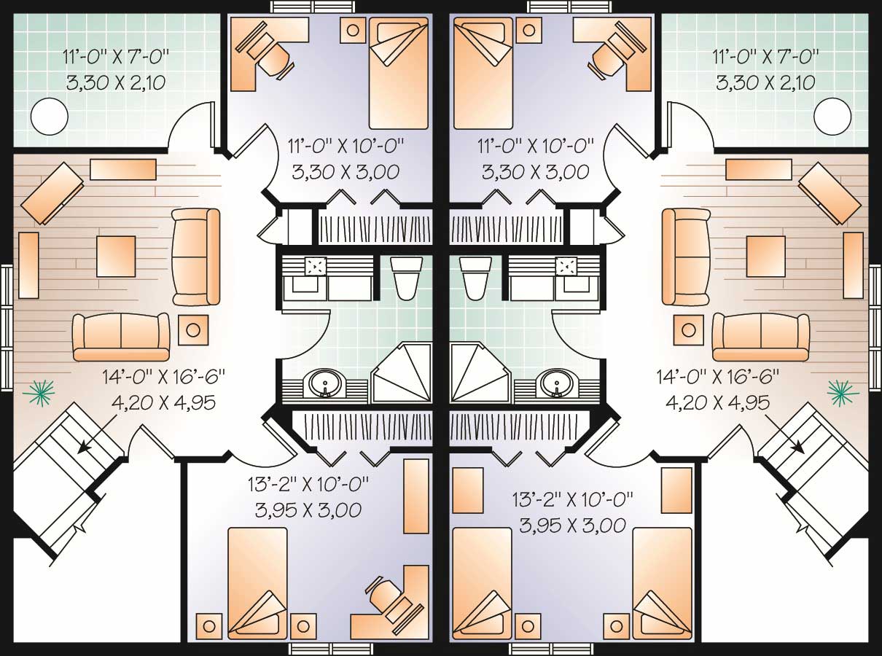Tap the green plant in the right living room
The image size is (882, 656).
click(x=843, y=393)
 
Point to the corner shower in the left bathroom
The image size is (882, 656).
click(x=402, y=373)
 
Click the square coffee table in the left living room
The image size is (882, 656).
click(x=116, y=256)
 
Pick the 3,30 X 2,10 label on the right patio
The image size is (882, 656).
click(x=765, y=82)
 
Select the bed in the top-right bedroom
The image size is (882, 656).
click(x=483, y=74)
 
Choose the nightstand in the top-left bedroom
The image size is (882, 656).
click(x=353, y=30)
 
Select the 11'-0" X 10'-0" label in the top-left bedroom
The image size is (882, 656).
click(x=346, y=146)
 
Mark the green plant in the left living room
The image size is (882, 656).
click(x=39, y=393)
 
